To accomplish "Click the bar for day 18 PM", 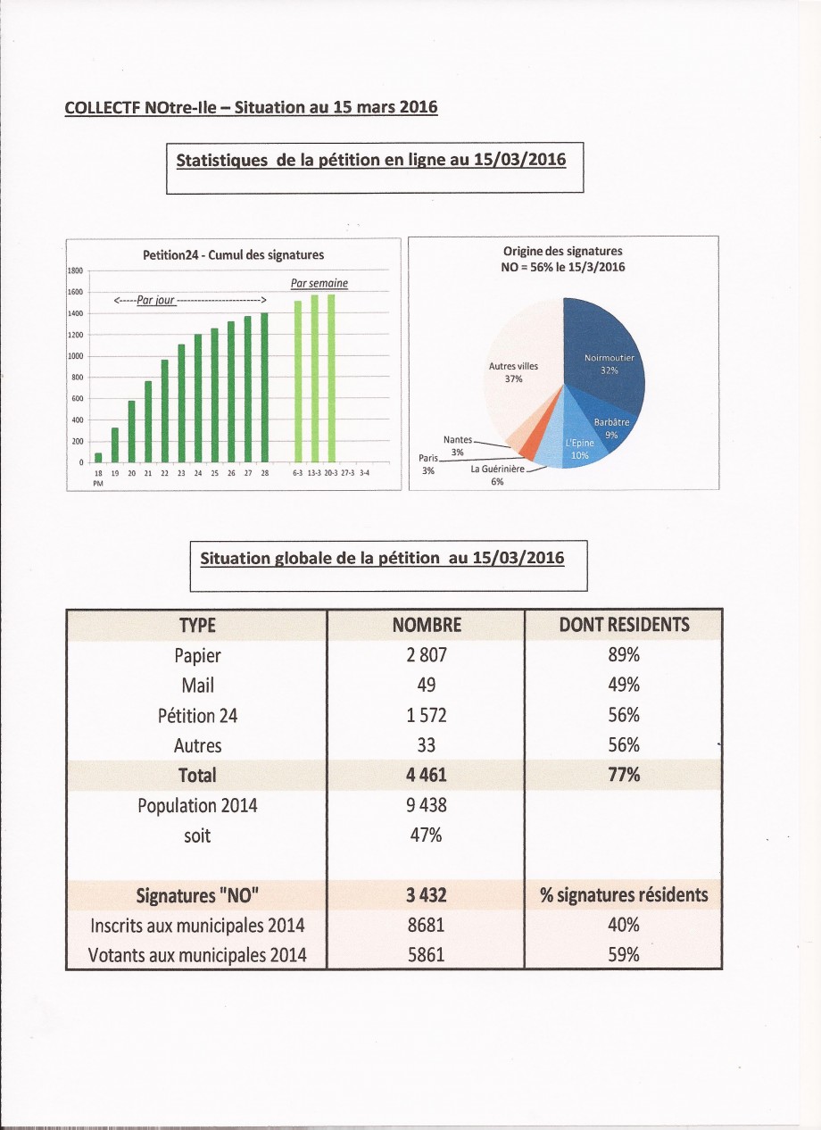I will (x=98, y=457).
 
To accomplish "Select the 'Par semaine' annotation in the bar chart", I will (x=319, y=284).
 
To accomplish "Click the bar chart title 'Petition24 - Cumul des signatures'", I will (x=234, y=255).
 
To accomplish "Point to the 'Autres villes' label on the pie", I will (x=513, y=366).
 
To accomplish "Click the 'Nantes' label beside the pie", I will (x=458, y=440).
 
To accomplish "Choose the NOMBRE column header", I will (x=427, y=625).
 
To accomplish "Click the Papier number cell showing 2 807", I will (x=427, y=655).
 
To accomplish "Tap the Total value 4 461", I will (x=427, y=775).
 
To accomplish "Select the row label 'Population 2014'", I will (x=197, y=805).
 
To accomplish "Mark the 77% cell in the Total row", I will (x=624, y=775).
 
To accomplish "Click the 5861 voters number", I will (x=427, y=954).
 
